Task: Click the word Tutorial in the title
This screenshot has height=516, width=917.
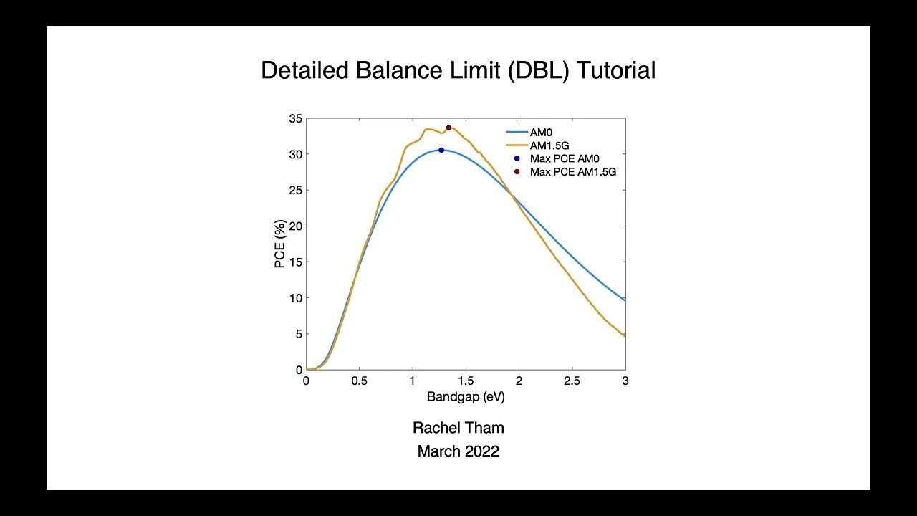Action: (x=615, y=70)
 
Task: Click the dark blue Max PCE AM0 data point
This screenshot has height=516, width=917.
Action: (x=441, y=150)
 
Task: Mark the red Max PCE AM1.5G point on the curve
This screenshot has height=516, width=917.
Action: (x=448, y=128)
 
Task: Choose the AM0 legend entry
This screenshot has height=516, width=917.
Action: (x=541, y=133)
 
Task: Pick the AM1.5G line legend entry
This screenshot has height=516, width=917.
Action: (x=549, y=145)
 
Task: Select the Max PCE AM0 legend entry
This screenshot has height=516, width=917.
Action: (x=565, y=158)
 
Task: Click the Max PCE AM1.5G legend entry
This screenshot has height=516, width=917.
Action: (x=573, y=172)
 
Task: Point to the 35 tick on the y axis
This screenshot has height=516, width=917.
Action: (x=294, y=118)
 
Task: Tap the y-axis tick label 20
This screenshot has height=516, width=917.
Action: (x=294, y=226)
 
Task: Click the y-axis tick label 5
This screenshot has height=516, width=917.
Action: (x=297, y=334)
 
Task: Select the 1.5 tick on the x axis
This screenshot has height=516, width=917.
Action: (x=466, y=381)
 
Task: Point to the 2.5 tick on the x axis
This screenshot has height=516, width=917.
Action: (x=572, y=381)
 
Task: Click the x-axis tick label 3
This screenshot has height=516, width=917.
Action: (x=625, y=381)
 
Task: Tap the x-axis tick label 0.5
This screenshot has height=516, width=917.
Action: (x=360, y=381)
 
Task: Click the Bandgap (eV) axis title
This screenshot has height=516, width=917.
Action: (x=466, y=396)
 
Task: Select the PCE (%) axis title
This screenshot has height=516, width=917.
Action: (x=280, y=244)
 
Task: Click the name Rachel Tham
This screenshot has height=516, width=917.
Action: (x=458, y=428)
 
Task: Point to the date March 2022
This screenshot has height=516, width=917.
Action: (x=458, y=451)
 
